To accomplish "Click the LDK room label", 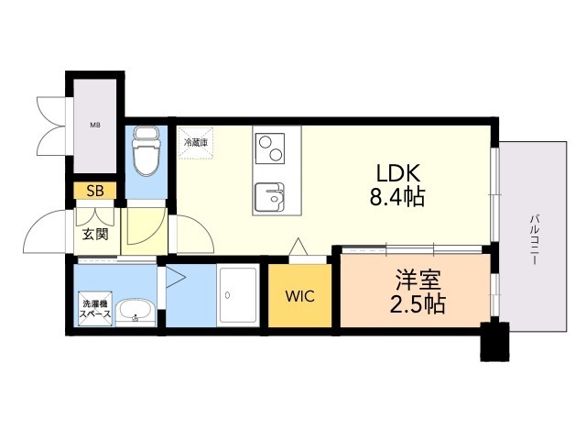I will pos(396,171).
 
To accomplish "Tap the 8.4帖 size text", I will pos(396,195).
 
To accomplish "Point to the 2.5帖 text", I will pos(418,304).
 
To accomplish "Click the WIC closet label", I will pos(299,296).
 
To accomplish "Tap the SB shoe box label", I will pos(95,192).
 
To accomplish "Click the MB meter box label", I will pos(95,125).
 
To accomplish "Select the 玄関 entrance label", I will pos(95,234).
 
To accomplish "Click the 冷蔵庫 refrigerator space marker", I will pos(196,144).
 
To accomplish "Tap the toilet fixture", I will pos(146,153).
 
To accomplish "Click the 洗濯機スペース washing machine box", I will pos(94,310).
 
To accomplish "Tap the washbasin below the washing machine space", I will pos(137,312).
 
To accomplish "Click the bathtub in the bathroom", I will pos(240,296).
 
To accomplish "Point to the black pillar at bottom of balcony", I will pos(495,343).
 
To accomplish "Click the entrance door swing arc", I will pos(46,234).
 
